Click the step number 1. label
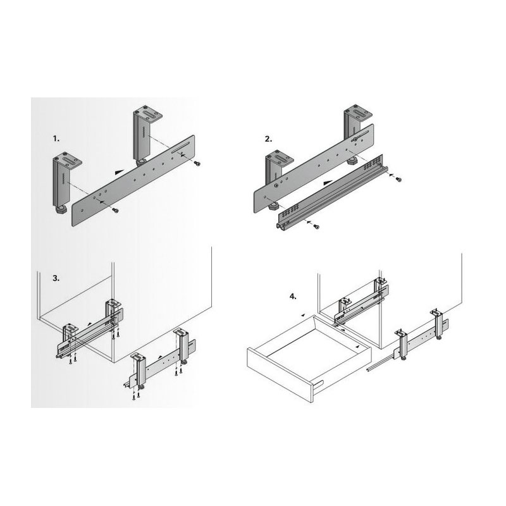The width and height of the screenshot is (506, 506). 56,139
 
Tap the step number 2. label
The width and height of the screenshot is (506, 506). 268,139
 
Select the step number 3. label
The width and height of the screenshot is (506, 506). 56,278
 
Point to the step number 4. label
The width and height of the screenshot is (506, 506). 293,297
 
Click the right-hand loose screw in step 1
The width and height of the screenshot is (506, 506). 197,164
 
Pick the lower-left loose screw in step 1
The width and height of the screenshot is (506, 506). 114,210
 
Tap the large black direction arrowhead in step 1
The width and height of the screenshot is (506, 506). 120,172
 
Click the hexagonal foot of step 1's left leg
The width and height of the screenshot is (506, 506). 61,211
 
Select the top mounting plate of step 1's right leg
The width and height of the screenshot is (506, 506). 147,115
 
